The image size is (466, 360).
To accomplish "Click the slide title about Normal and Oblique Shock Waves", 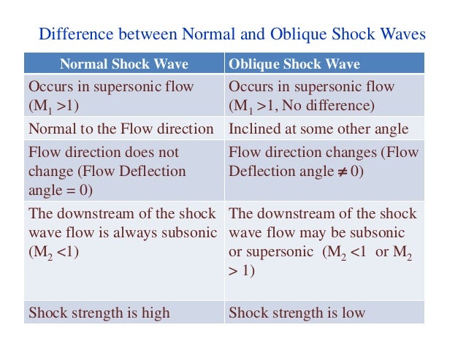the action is pyautogui.click(x=232, y=34).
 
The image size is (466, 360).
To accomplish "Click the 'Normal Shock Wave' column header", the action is pyautogui.click(x=123, y=64).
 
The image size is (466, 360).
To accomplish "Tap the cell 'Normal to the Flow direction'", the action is pyautogui.click(x=121, y=129).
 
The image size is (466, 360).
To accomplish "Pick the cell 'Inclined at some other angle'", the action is pyautogui.click(x=318, y=129).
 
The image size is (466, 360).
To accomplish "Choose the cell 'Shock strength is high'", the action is pyautogui.click(x=99, y=313).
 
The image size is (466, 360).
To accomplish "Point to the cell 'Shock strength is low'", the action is pyautogui.click(x=297, y=313).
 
